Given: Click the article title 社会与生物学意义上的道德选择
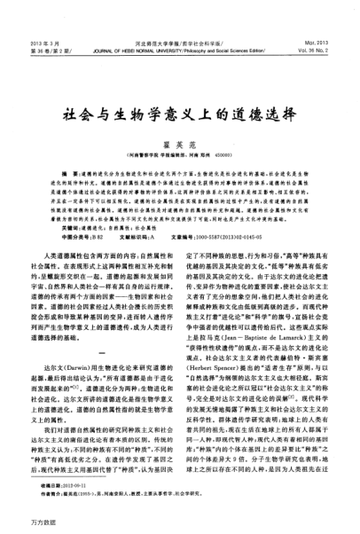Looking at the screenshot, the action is coord(179,91).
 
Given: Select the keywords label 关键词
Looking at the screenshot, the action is coord(65,203).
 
